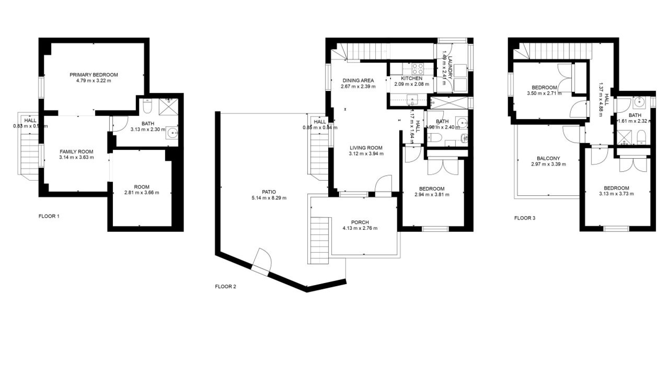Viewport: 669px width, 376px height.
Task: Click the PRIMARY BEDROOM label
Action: click(x=93, y=75)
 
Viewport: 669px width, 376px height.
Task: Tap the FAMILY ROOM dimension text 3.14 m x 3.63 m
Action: click(x=76, y=157)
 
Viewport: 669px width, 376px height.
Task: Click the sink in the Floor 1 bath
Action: click(x=172, y=132)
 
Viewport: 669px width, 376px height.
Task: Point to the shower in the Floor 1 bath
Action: click(x=168, y=107)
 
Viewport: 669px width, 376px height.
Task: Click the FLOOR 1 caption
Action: click(x=49, y=216)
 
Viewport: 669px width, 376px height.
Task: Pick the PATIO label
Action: click(x=269, y=192)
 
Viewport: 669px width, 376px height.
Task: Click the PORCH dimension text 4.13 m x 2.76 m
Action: click(x=360, y=228)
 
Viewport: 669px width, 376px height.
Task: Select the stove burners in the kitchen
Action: click(x=417, y=68)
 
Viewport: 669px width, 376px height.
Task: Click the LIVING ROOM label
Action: click(x=366, y=148)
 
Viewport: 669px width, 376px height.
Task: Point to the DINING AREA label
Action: click(x=358, y=80)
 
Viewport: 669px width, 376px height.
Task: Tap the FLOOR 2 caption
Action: click(x=225, y=287)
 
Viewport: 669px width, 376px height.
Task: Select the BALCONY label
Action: click(x=548, y=158)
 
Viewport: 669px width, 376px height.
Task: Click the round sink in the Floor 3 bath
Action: click(x=639, y=102)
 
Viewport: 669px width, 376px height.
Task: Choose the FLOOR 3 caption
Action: click(x=525, y=218)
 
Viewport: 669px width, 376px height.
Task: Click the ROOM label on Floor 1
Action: click(x=141, y=187)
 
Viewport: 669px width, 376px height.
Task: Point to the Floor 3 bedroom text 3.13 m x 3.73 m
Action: click(x=616, y=194)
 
